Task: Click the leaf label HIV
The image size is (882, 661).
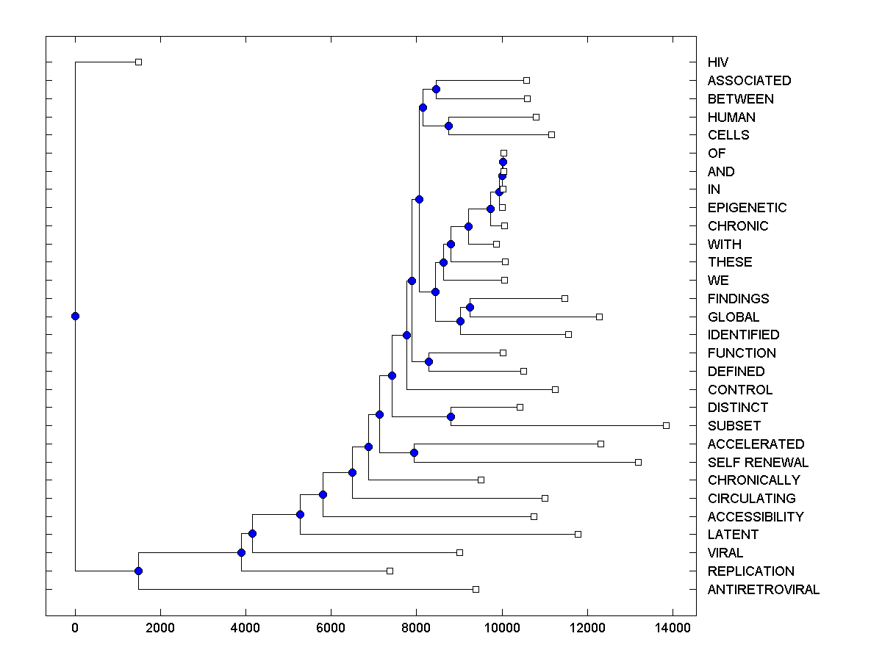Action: tap(718, 62)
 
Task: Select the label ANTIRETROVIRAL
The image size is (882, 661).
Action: tap(763, 590)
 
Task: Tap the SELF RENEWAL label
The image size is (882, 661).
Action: tap(758, 462)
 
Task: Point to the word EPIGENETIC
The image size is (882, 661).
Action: tap(747, 208)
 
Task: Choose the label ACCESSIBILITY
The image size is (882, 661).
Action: tap(756, 516)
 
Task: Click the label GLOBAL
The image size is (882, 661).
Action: tap(734, 317)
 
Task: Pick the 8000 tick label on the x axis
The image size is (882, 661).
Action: tap(417, 628)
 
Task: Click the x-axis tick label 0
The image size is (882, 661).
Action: tap(75, 628)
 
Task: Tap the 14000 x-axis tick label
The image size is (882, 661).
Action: tap(673, 628)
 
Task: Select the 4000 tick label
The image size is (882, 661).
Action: tap(245, 628)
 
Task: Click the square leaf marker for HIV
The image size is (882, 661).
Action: tap(138, 62)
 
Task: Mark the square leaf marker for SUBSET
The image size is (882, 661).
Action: tap(666, 425)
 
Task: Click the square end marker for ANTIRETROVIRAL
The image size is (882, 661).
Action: tap(476, 589)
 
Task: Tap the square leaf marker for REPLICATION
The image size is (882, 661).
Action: tap(390, 571)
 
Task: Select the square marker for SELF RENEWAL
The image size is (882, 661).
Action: tap(638, 462)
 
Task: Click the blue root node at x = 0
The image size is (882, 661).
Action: tap(75, 316)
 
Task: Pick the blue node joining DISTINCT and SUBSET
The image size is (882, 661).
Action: tap(451, 416)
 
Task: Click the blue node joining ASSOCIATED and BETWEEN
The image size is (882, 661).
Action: tap(436, 89)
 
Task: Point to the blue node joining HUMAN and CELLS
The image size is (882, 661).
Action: tap(448, 126)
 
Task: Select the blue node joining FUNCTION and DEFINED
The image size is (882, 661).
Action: tap(429, 361)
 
